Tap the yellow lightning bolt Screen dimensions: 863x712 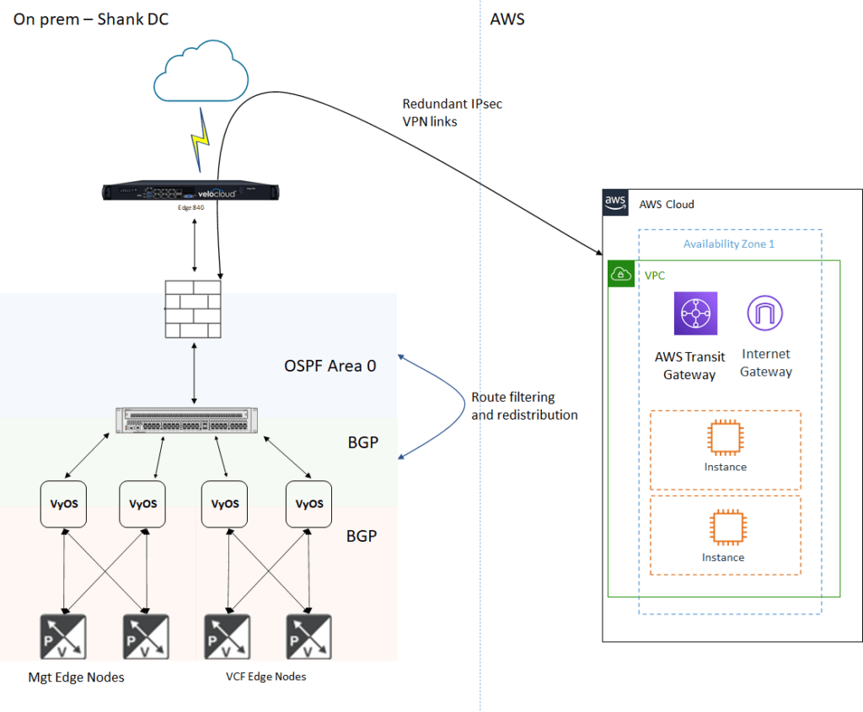[201, 140]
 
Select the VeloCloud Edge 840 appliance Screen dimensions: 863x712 [190, 191]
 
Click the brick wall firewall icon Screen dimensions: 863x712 [193, 309]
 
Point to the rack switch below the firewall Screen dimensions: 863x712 [186, 421]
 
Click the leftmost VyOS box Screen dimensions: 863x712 [63, 504]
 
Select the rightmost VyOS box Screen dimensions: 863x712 [308, 504]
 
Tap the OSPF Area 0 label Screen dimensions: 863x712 [330, 366]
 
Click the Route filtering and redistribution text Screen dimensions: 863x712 [524, 406]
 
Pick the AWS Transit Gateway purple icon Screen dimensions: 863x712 [695, 313]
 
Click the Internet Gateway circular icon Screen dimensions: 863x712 [765, 313]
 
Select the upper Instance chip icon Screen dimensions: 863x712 [726, 437]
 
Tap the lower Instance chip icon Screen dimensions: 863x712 [727, 527]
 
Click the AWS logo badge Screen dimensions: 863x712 [615, 202]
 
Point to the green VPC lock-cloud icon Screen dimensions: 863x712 [621, 274]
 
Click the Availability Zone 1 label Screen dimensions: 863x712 [729, 244]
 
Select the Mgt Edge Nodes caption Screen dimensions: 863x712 [76, 677]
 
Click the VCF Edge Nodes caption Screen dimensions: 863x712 [265, 677]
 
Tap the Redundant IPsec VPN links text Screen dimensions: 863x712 [453, 113]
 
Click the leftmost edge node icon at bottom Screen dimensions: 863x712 [63, 637]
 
